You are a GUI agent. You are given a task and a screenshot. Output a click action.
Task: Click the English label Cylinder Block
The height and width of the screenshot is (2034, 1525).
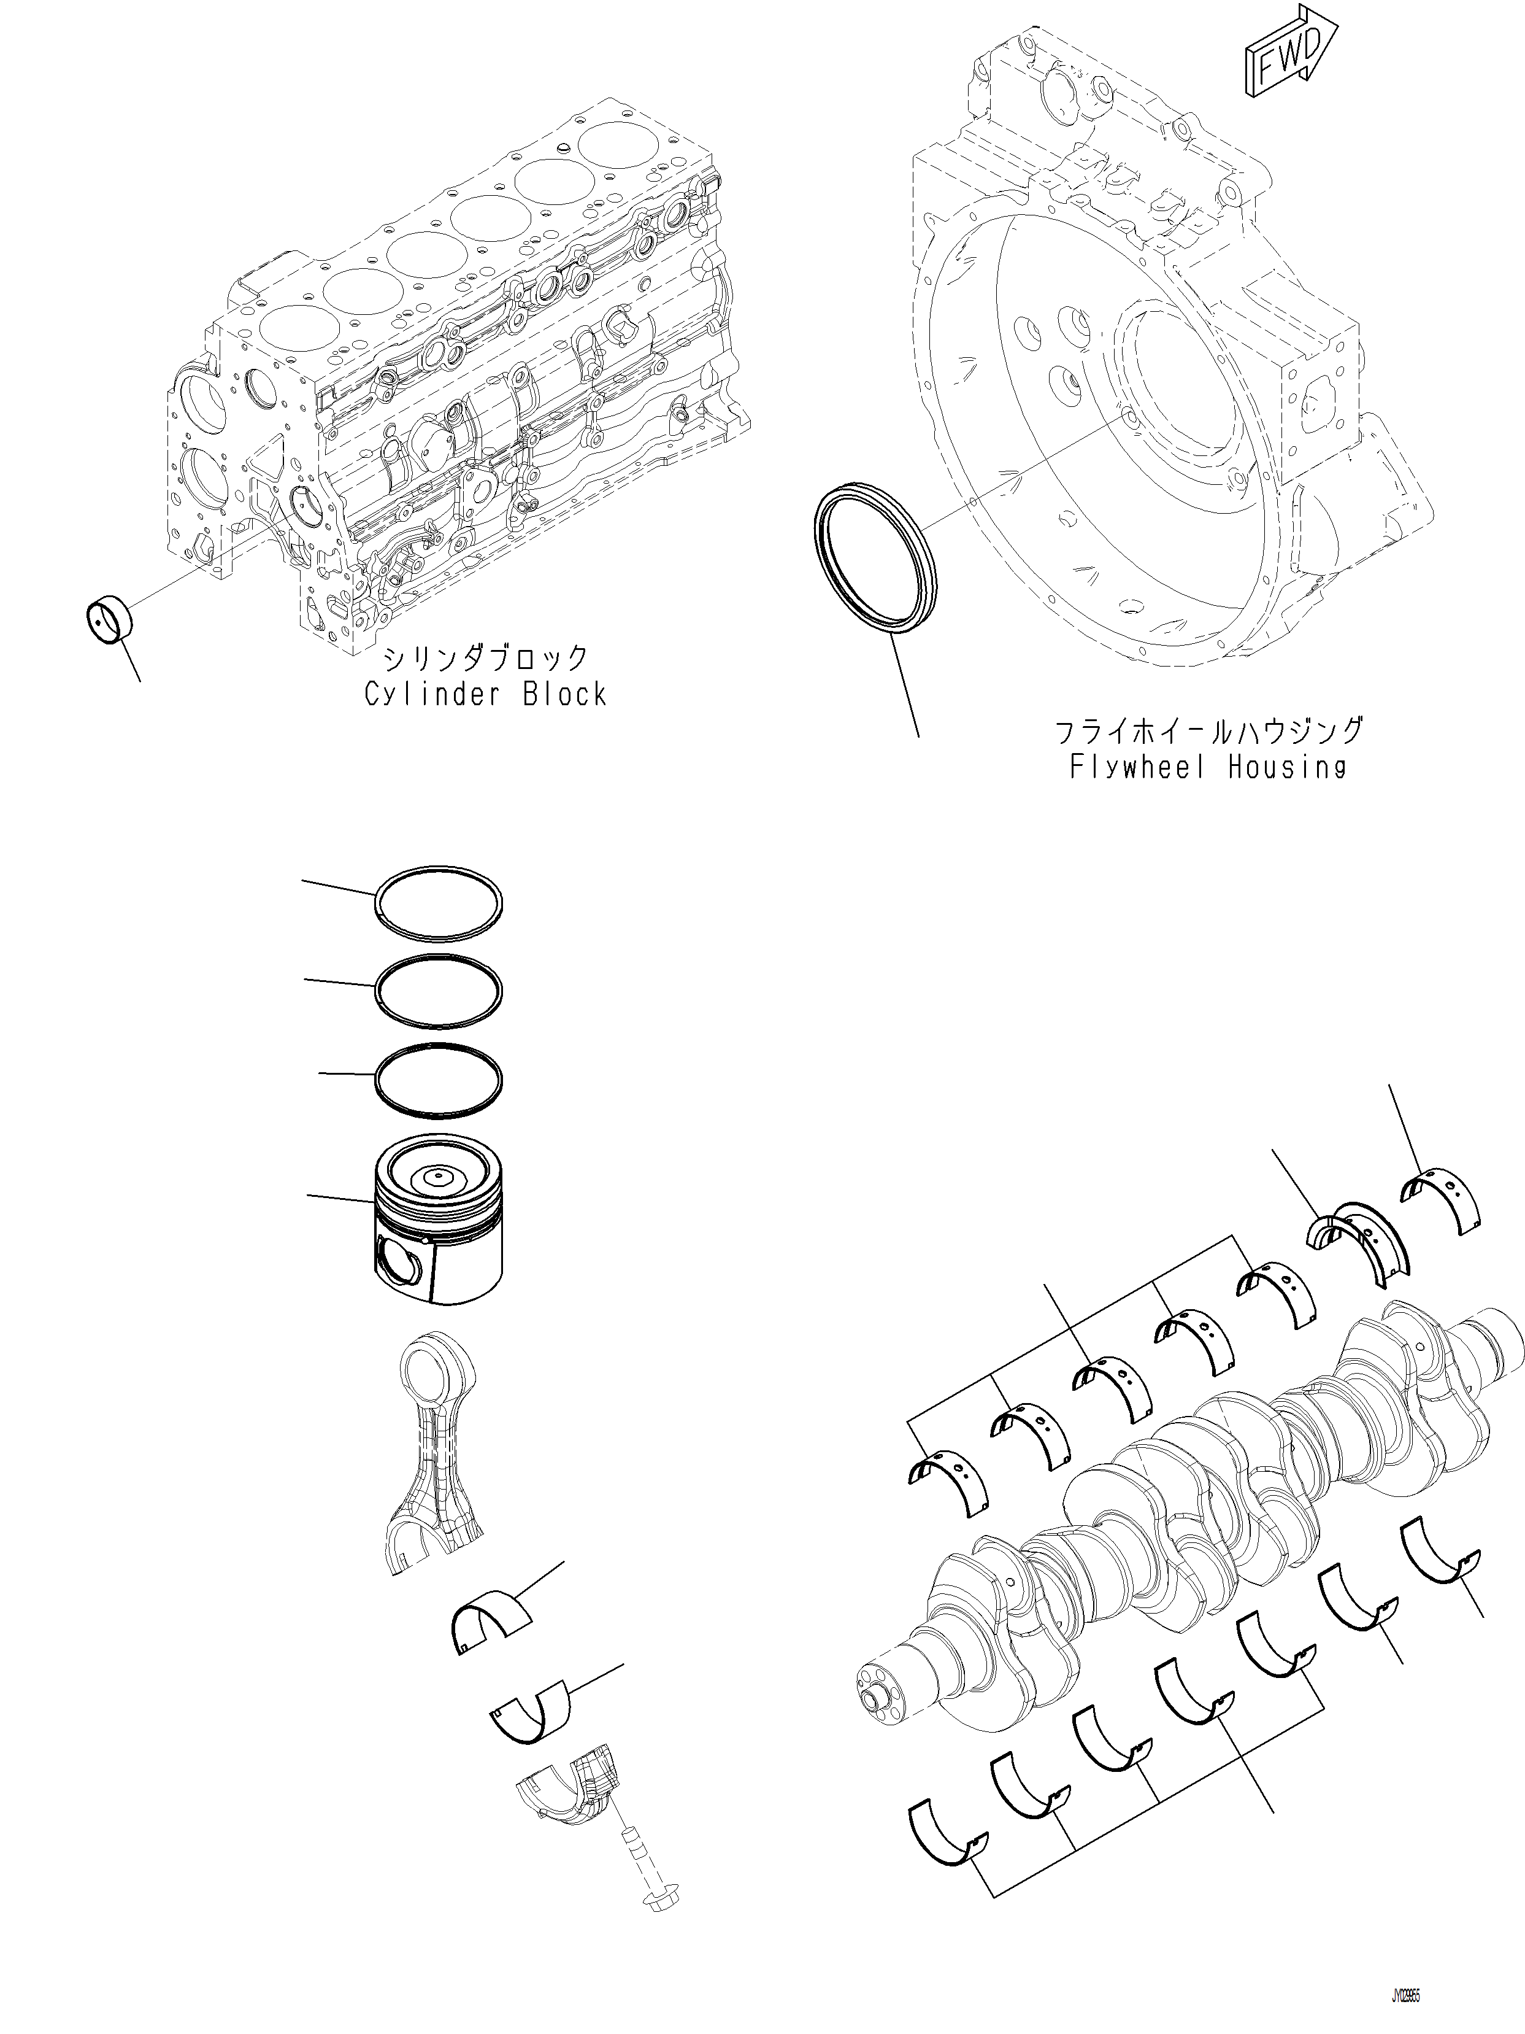(485, 694)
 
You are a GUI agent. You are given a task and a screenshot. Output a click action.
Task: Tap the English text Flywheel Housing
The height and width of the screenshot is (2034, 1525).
(1207, 767)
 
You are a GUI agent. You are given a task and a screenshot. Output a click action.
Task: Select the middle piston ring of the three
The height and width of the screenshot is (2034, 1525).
(439, 991)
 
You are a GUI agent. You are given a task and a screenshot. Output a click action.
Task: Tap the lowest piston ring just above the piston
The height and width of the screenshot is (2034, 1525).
(439, 1080)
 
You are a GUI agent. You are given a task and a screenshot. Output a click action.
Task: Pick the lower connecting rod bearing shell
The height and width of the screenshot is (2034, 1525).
(529, 1712)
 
